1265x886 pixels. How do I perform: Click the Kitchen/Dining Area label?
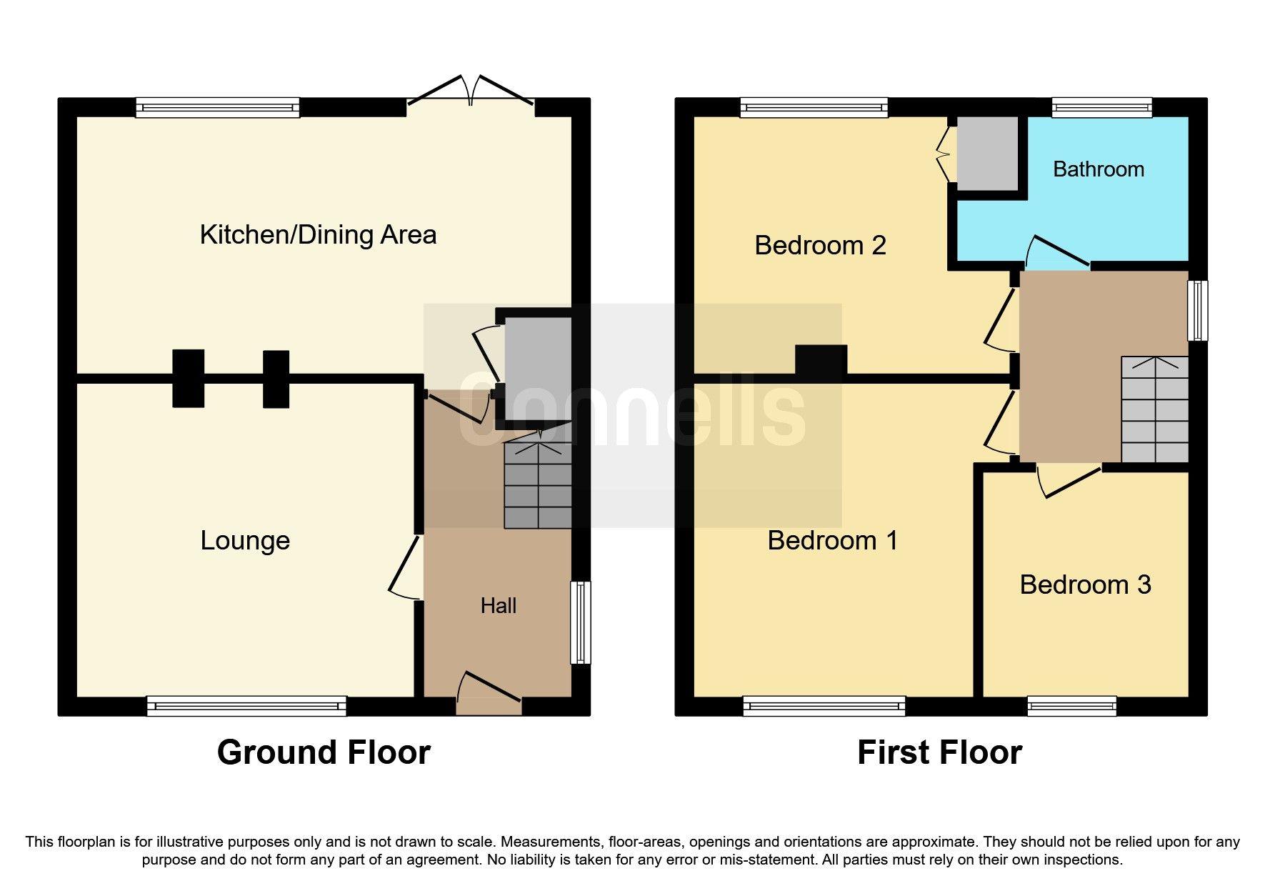(318, 234)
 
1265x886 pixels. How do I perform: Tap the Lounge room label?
(245, 540)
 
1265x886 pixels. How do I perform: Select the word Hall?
(498, 606)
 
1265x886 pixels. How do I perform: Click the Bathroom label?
(1099, 169)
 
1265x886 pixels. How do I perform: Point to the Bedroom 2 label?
(820, 245)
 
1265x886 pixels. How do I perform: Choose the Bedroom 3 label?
(1085, 584)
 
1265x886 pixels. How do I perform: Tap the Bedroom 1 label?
(832, 540)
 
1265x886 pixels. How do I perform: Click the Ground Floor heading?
(324, 752)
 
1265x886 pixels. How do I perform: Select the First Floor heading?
(939, 752)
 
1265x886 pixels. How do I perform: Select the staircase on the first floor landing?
(1154, 409)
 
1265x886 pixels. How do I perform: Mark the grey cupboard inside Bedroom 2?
(987, 154)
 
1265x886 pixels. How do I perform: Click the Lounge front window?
(246, 706)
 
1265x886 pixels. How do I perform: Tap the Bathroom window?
(1101, 108)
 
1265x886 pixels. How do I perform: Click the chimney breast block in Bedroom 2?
(821, 360)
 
